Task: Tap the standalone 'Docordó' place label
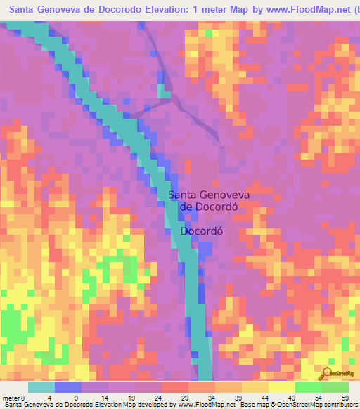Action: pos(206,231)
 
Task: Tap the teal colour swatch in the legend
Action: pos(41,387)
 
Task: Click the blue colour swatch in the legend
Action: pos(68,387)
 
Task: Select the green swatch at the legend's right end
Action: pos(335,387)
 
